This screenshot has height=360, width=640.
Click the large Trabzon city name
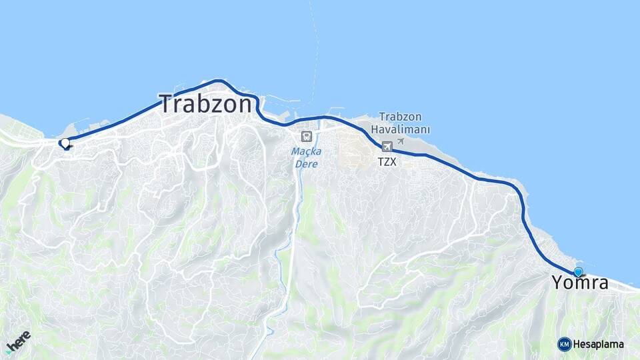[x=206, y=104]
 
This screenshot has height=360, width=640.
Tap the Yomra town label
[x=580, y=283]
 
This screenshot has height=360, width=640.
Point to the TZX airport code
[x=387, y=162]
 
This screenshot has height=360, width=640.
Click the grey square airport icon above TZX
[x=387, y=147]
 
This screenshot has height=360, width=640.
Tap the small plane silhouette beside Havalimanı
[x=400, y=141]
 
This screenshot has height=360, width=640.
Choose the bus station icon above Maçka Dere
[x=306, y=136]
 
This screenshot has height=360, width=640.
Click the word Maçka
[x=306, y=151]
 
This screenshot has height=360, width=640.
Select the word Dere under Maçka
[x=306, y=163]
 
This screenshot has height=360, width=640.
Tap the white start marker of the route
[x=65, y=143]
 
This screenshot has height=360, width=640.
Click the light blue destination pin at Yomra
[x=578, y=271]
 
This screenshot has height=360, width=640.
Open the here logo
[x=19, y=341]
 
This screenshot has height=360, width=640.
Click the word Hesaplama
[x=599, y=344]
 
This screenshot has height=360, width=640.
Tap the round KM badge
[x=565, y=344]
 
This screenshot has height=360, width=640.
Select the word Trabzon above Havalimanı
[x=401, y=117]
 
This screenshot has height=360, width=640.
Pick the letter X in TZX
[x=393, y=162]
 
